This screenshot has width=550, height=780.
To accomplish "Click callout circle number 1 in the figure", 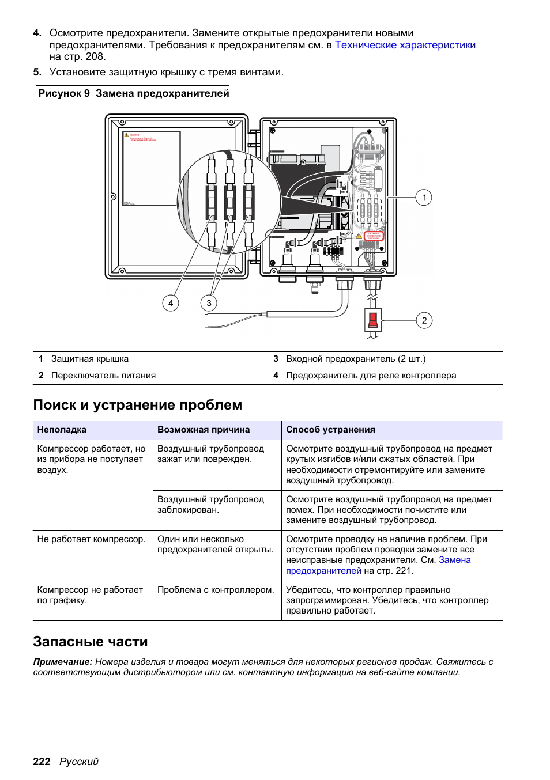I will pos(424,198).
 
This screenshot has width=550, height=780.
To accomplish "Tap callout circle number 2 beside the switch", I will pos(424,320).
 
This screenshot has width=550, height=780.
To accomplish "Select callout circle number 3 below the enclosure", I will pos(209,303).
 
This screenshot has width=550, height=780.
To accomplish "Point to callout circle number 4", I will pos(170,303).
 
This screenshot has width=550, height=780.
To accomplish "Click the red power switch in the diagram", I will pos(372,320).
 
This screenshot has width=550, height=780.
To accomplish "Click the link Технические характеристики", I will pos(405,45).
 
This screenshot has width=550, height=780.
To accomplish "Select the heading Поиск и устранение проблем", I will pos(137,405).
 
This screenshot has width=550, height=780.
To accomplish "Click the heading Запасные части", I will pos(91,642).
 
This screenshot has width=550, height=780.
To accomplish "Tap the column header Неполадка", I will pos(62,430).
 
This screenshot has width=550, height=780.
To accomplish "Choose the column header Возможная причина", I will pos(204,430).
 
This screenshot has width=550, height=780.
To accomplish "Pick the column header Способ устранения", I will pos(330,430).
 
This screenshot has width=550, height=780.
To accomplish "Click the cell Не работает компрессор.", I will pos(91,539).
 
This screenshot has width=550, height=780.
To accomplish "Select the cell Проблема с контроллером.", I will pos(216,590).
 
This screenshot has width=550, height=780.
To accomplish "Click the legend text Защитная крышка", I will pos(90,359).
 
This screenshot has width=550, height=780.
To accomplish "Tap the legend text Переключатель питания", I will pos(103,376).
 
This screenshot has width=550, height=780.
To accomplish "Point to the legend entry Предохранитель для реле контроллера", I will pos(371,376).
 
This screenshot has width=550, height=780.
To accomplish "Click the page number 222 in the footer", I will pos(42,762).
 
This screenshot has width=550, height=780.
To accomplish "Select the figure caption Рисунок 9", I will pos(64,93).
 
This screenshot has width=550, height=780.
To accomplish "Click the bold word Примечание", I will pos(62,662).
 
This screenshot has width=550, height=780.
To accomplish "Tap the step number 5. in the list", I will pos(37,72).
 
